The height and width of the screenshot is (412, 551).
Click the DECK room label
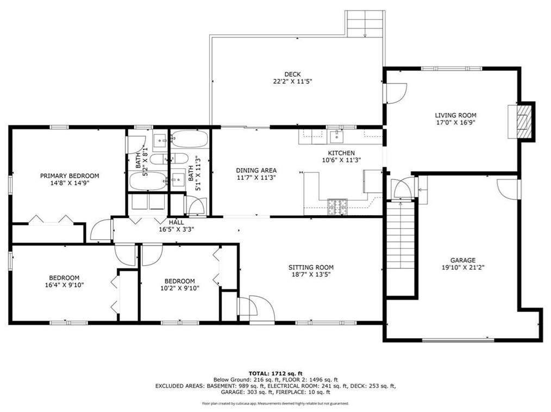292,74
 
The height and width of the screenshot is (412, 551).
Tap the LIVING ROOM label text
455,115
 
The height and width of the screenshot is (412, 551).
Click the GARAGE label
462,260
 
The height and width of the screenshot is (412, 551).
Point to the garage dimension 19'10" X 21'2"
462,267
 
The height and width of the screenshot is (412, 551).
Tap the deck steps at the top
365,23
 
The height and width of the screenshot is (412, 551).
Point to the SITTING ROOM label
311,267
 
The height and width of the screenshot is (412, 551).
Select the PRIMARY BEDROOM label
70,176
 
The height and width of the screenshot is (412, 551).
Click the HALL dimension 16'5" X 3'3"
176,229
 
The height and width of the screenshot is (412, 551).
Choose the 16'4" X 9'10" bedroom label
64,284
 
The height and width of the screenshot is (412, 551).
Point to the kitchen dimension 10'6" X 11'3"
341,160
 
